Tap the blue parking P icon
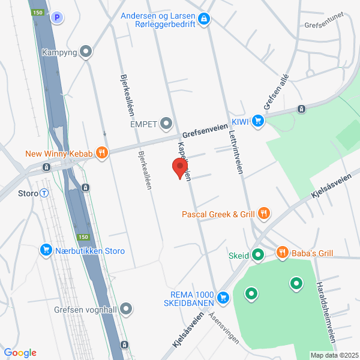pyautogui.click(x=57, y=18)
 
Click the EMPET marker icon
pyautogui.click(x=166, y=124)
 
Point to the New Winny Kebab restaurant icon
pyautogui.click(x=101, y=154)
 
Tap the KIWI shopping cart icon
pyautogui.click(x=258, y=121)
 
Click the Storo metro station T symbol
pyautogui.click(x=44, y=193)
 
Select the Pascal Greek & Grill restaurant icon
pyautogui.click(x=263, y=214)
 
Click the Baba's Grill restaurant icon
pyautogui.click(x=282, y=253)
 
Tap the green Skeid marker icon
pyautogui.click(x=258, y=256)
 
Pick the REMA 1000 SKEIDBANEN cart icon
pyautogui.click(x=223, y=297)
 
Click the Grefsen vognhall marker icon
pyautogui.click(x=126, y=310)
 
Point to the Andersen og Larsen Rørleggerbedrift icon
pyautogui.click(x=204, y=20)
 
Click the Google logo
pyautogui.click(x=20, y=353)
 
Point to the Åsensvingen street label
pyautogui.click(x=224, y=331)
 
